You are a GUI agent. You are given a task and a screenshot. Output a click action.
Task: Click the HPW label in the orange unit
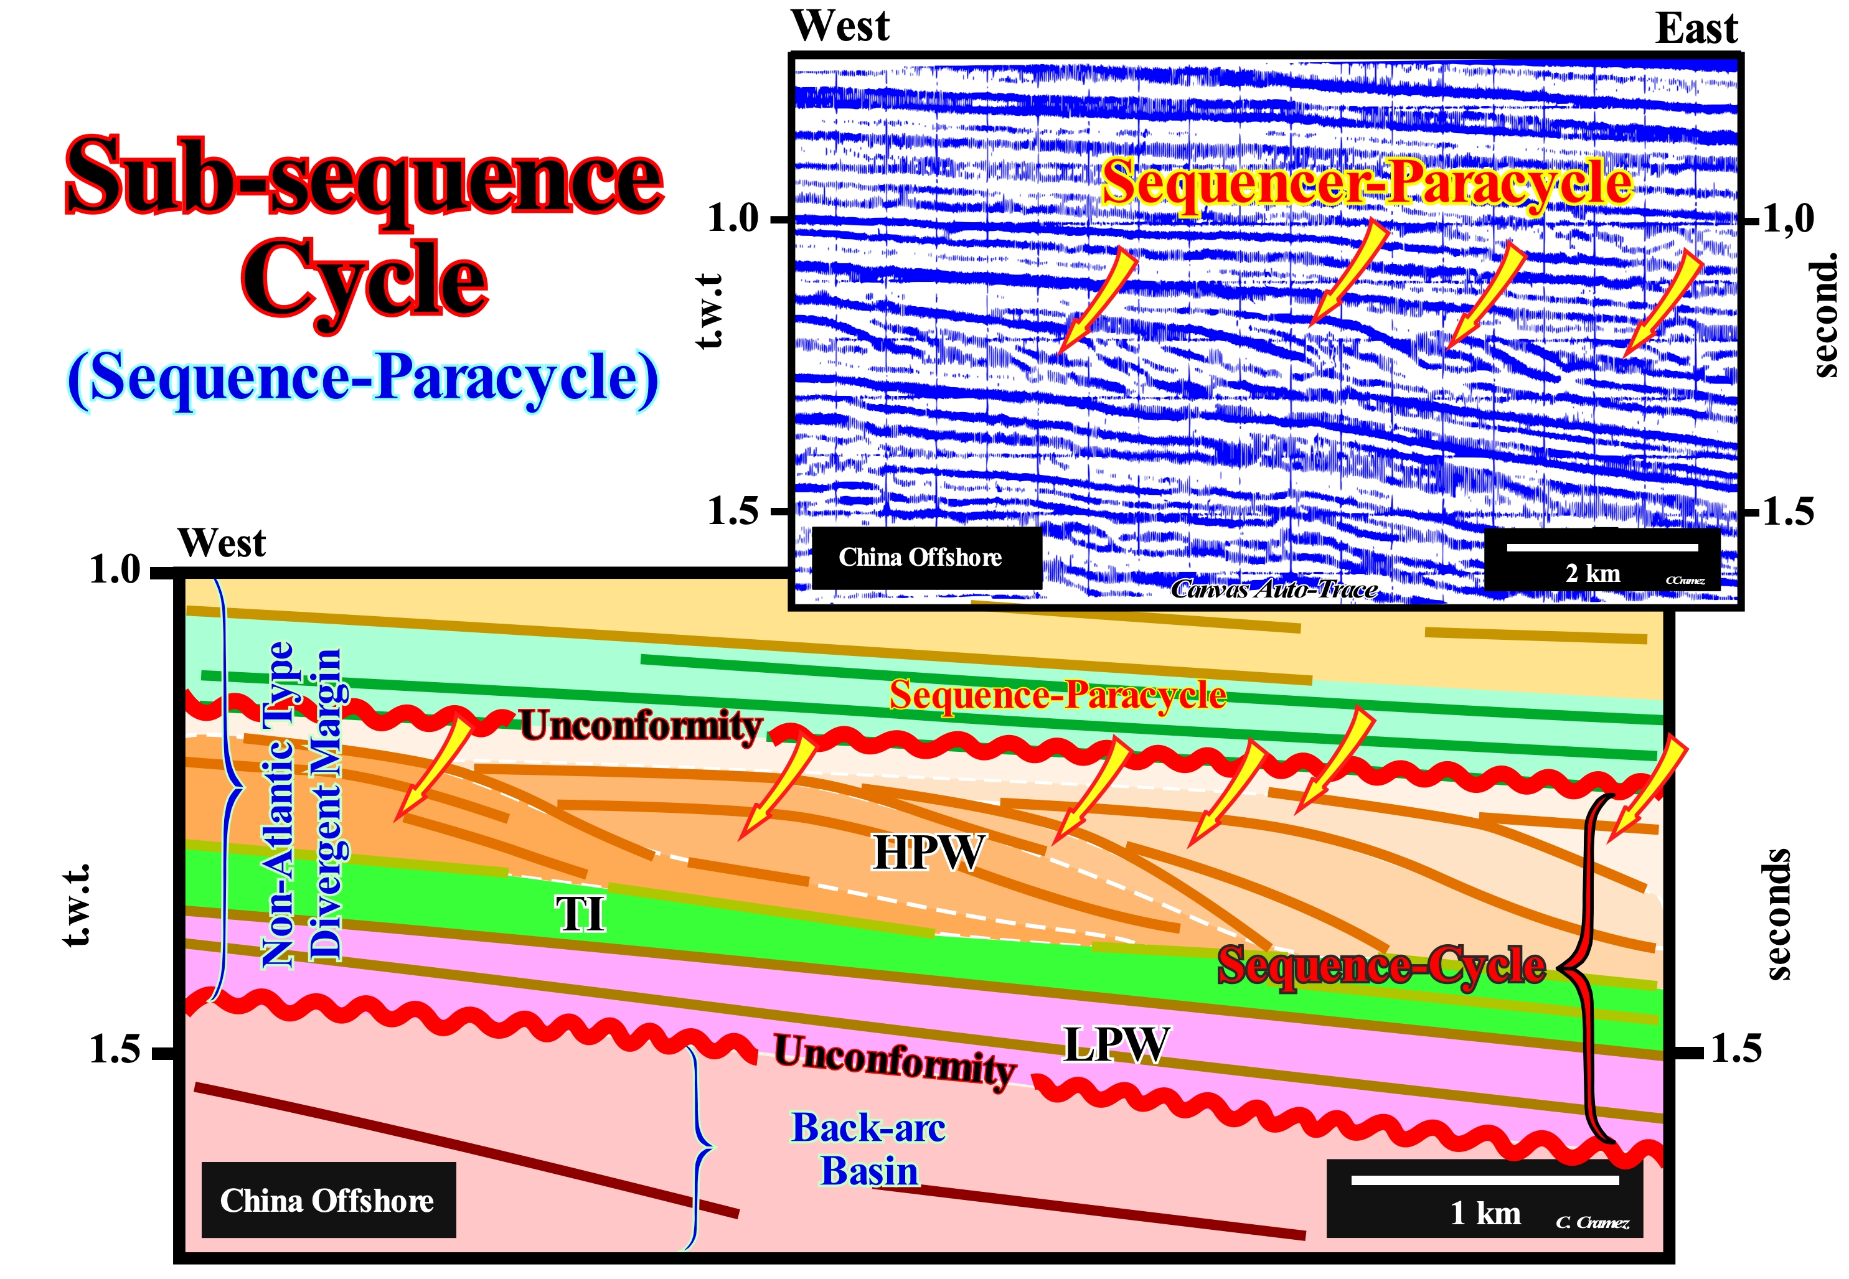pos(928,852)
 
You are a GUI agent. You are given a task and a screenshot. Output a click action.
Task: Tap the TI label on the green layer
pos(581,914)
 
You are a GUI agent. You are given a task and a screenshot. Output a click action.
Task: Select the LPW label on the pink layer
pos(1116,1044)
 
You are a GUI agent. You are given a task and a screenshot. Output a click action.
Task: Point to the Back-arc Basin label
pos(869,1149)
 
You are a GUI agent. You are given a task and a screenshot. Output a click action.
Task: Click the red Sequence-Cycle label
pos(1381,966)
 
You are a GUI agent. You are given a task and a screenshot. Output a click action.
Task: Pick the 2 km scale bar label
pos(1593,573)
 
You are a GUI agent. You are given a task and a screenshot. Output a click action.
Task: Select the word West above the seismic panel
pos(840,26)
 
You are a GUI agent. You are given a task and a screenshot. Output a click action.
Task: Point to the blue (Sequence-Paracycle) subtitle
pos(363,379)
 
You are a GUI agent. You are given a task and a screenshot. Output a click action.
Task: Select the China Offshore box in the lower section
pos(329,1201)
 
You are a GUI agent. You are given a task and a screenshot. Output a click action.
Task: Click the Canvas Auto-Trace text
pos(1274,590)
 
